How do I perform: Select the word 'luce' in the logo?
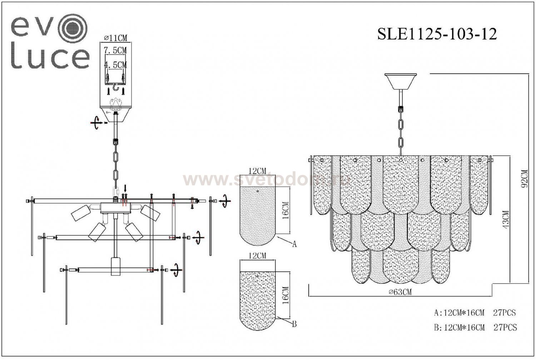50,57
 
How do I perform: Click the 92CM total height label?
524,179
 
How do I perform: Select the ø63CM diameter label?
400,292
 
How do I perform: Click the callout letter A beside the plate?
294,244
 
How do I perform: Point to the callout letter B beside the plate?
294,324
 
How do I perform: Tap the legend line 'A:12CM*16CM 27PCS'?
475,313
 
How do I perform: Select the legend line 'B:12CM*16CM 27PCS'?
475,327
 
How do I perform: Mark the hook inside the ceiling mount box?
115,87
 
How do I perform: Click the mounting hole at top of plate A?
258,192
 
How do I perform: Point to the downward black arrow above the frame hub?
125,188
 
